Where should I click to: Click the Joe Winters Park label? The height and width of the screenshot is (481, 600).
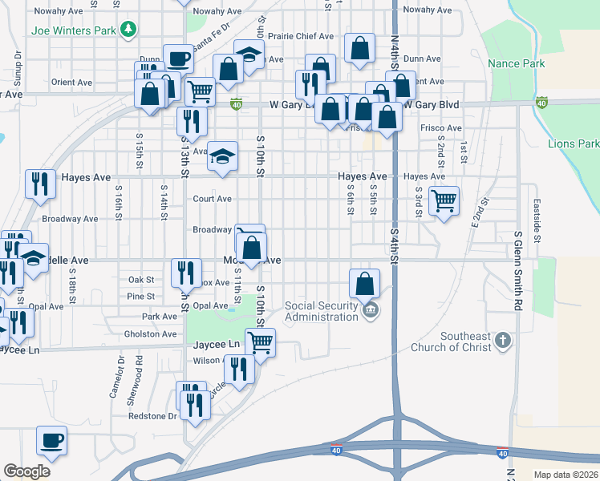(74, 31)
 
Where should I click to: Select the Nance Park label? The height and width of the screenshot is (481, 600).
(516, 63)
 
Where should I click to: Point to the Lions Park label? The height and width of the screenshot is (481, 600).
(574, 143)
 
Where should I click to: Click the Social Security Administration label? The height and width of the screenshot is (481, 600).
(321, 311)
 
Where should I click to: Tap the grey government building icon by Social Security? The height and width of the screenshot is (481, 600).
(369, 309)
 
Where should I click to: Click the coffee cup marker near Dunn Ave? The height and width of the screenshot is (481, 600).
(178, 59)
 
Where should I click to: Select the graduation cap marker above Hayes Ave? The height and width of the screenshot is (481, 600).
(223, 156)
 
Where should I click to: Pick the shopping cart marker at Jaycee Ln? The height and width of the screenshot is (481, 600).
(260, 342)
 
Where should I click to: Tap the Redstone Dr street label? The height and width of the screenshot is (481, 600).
(152, 416)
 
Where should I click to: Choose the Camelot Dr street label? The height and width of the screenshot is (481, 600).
(112, 378)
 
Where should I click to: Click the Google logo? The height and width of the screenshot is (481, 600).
(26, 471)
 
